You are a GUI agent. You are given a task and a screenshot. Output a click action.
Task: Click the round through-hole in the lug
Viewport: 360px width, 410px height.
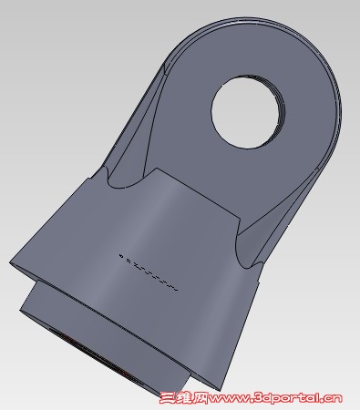[248, 111]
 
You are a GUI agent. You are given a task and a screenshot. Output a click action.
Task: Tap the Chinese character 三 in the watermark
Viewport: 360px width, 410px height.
[168, 398]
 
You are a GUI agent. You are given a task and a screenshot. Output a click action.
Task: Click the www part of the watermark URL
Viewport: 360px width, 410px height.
[229, 399]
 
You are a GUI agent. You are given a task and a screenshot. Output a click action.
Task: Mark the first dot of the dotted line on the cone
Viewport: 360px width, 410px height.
[121, 256]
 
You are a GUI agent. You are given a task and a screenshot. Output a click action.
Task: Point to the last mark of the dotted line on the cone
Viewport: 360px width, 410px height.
[175, 290]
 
